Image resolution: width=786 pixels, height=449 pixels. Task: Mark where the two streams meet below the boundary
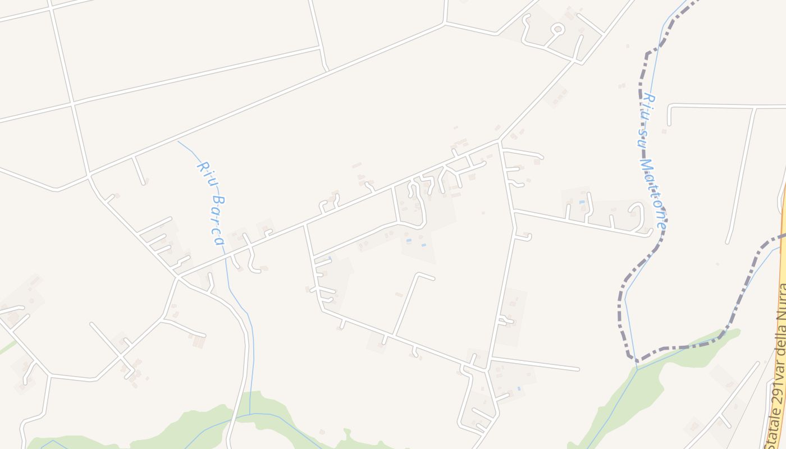click(637, 368)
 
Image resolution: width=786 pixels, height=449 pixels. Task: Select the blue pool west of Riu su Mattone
click(582, 202)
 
